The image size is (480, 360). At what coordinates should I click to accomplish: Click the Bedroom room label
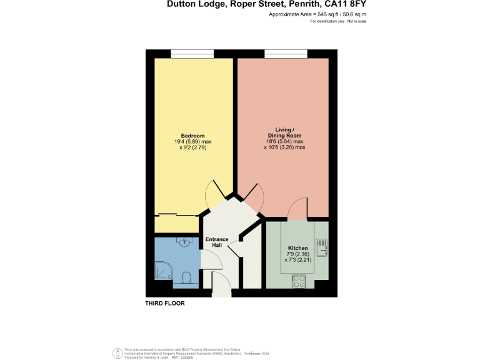coord(193,136)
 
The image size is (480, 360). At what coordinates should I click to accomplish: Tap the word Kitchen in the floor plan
coord(297,248)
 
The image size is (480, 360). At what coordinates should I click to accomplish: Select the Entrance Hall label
coord(217,242)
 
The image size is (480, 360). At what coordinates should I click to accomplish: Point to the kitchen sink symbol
coord(322,247)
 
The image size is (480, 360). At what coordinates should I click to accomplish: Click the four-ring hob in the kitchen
coord(297,282)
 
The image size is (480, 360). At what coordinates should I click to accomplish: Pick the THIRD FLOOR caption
coord(165,303)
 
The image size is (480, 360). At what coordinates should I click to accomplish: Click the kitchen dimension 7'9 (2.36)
coord(297,254)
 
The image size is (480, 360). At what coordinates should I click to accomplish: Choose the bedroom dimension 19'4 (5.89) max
coord(193,142)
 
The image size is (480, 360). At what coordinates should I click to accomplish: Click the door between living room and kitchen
coord(297,209)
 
